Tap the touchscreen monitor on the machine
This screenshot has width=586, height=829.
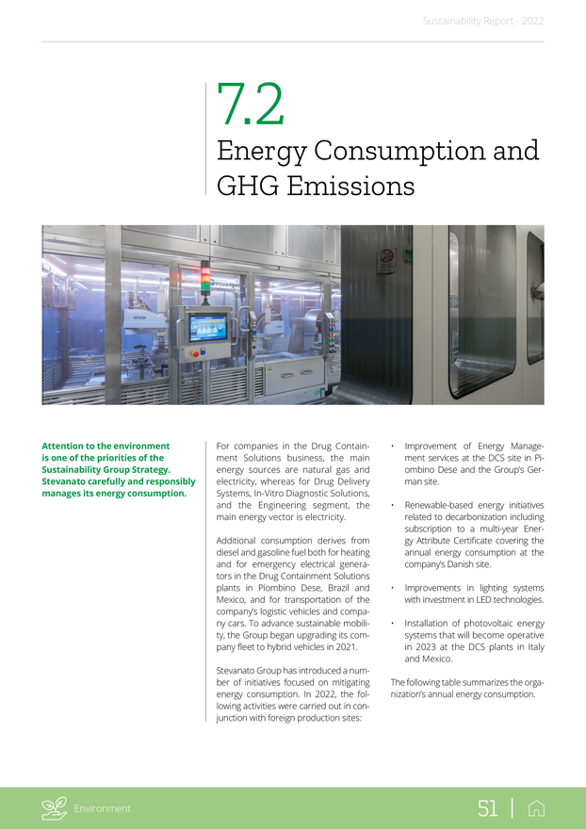pos(207,328)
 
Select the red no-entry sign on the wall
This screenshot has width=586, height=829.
pos(385,254)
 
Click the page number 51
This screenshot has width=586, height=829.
pos(487,807)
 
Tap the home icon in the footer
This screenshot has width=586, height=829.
pos(537,807)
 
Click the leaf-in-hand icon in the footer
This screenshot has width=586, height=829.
pos(55,807)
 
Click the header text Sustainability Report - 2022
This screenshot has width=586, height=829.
pos(482,20)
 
